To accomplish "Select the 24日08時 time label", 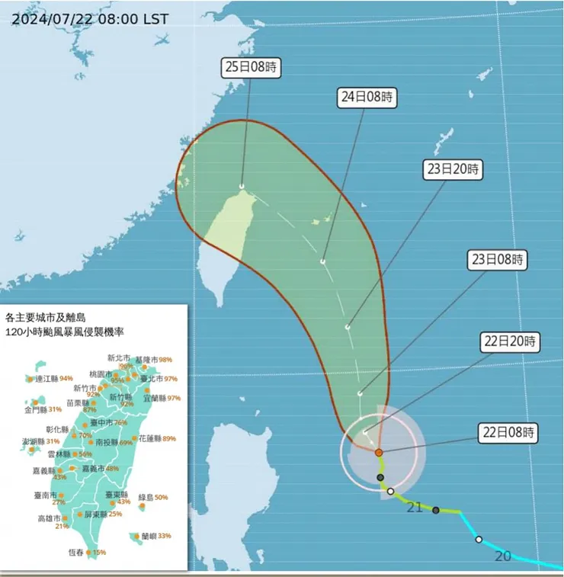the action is click(x=368, y=97).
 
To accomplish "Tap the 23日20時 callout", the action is click(x=453, y=169).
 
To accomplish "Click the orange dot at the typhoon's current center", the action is click(x=379, y=452).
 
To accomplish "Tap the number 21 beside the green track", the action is click(x=415, y=507).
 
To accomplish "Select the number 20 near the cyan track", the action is click(x=502, y=556).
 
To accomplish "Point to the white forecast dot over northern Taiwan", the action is click(x=242, y=186).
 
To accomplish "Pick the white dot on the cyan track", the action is click(x=479, y=540).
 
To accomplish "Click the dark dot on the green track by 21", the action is click(x=436, y=510).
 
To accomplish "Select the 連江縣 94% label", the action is click(x=53, y=378).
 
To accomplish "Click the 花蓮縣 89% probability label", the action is click(x=158, y=438).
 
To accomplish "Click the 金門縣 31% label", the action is click(x=43, y=409).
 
